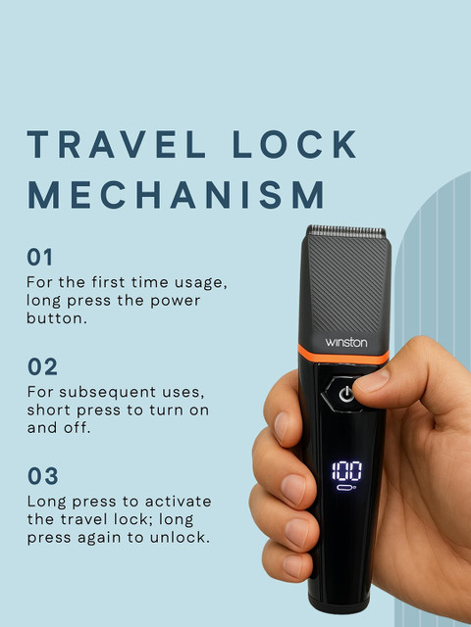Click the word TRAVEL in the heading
click(x=117, y=144)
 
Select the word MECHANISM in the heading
click(x=176, y=194)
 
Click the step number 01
click(x=39, y=257)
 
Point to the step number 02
click(x=42, y=366)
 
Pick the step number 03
click(x=43, y=476)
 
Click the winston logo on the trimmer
click(x=346, y=342)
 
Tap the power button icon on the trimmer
click(x=346, y=395)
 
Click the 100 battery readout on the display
click(x=346, y=471)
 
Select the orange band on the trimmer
click(x=343, y=355)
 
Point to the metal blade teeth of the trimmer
click(x=346, y=231)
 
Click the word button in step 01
click(x=57, y=318)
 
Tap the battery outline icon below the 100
click(x=346, y=488)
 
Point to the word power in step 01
click(x=175, y=301)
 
